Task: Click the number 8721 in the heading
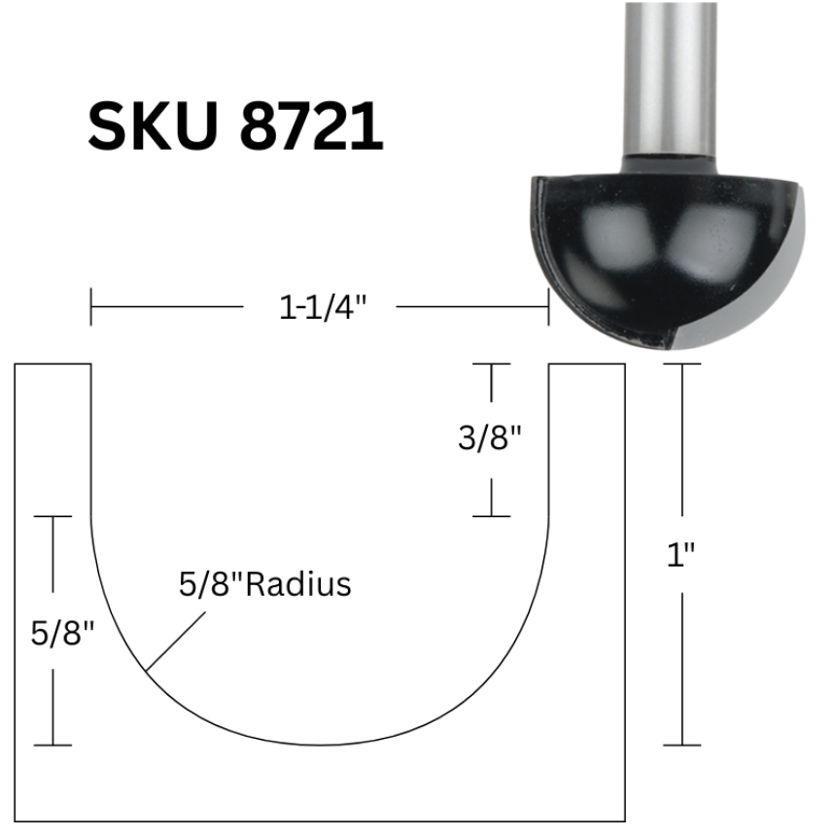tap(311, 127)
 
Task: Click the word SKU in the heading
tap(153, 127)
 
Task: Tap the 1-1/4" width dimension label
tap(323, 307)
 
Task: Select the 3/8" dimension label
tap(489, 438)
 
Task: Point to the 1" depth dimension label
tap(681, 554)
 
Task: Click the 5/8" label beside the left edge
tap(62, 633)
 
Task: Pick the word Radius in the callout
tap(298, 584)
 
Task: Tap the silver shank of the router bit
tap(670, 80)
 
